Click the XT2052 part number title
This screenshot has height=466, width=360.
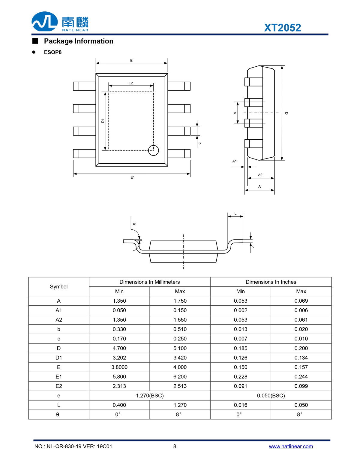282,28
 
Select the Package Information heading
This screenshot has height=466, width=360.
79,41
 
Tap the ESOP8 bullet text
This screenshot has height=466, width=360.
53,52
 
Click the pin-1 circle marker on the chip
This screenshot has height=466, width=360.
153,150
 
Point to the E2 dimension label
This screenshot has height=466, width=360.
131,83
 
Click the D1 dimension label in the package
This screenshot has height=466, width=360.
103,120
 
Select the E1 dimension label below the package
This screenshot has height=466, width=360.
132,177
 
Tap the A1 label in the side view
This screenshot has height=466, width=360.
234,161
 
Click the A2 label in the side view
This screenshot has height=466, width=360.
260,175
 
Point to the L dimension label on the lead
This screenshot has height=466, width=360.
235,213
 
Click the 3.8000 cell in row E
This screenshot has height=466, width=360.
119,367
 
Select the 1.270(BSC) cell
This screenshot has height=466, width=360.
150,396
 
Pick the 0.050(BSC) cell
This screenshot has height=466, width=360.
271,396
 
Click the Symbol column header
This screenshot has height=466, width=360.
59,287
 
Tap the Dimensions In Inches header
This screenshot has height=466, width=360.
271,282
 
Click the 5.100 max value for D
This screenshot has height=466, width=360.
180,348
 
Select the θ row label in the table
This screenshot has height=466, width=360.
58,415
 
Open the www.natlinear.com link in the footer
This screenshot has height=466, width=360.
291,446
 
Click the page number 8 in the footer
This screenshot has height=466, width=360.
175,446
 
